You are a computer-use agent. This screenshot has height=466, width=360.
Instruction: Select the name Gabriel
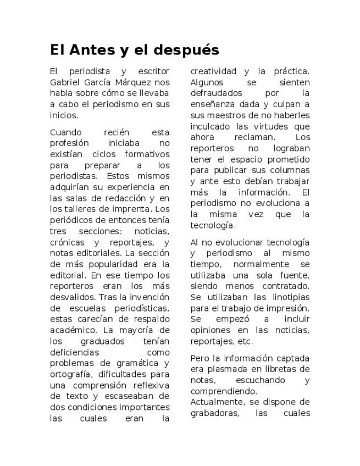pyautogui.click(x=65, y=82)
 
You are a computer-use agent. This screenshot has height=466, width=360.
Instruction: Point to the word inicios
pyautogui.click(x=63, y=115)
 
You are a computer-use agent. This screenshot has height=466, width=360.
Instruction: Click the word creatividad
pyautogui.click(x=214, y=71)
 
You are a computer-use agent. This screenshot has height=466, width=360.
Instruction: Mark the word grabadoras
pyautogui.click(x=215, y=413)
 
